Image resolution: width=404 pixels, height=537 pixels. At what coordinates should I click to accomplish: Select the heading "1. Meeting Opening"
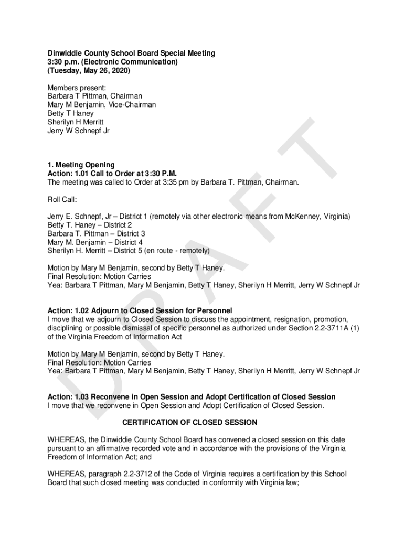[x=81, y=165]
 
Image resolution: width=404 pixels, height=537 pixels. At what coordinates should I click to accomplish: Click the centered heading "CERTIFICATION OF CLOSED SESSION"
[x=189, y=422]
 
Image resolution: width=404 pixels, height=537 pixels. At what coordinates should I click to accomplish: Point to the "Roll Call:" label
[x=62, y=199]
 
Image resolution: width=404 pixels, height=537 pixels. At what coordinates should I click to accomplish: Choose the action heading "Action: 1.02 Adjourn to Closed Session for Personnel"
[x=140, y=310]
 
